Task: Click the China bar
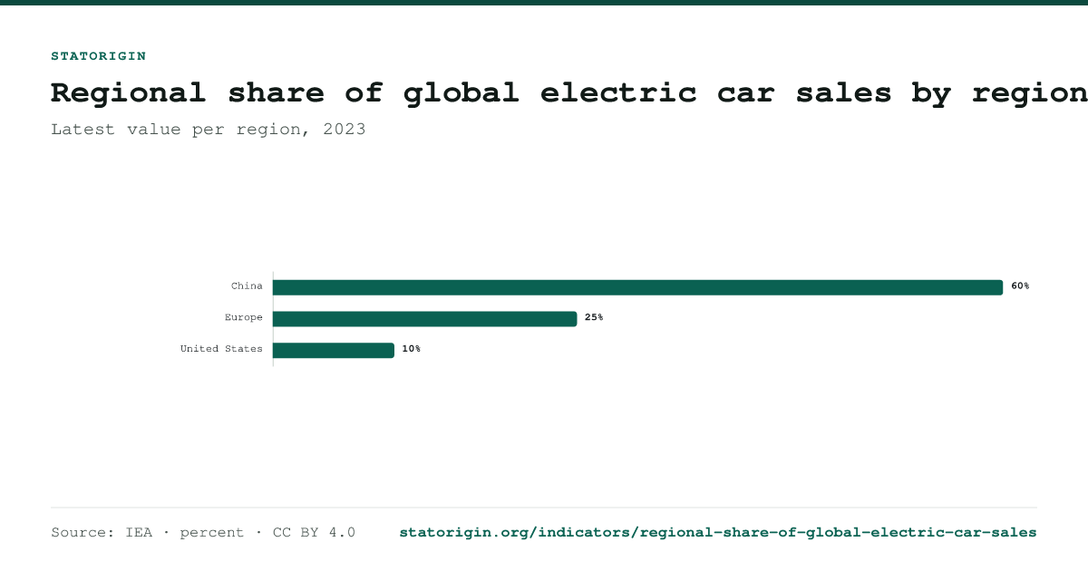click(x=637, y=287)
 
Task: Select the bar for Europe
click(x=425, y=319)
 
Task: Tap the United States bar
click(x=334, y=351)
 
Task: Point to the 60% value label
click(x=1020, y=286)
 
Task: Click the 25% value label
click(x=594, y=317)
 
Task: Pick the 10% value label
click(x=412, y=349)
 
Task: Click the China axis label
click(x=247, y=286)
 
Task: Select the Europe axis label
click(x=243, y=317)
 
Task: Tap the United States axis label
click(x=221, y=349)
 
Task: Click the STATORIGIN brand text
click(x=99, y=56)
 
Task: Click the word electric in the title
click(x=618, y=92)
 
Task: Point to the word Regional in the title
click(x=129, y=94)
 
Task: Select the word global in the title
click(x=461, y=94)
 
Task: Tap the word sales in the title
click(x=844, y=92)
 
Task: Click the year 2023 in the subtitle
click(x=345, y=130)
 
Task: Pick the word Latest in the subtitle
click(x=83, y=130)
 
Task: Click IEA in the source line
click(x=139, y=533)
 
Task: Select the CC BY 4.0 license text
click(x=314, y=533)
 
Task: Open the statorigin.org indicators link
click(x=718, y=533)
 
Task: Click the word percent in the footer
click(x=212, y=533)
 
